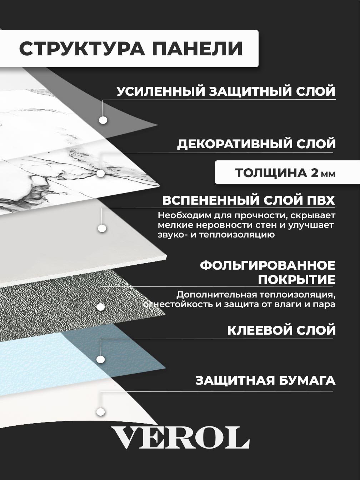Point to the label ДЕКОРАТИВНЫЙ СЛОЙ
(x=256, y=144)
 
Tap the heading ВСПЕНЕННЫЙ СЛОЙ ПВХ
(x=249, y=200)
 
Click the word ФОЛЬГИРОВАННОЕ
(x=268, y=265)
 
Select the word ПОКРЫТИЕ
(x=297, y=280)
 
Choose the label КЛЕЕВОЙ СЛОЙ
(x=281, y=330)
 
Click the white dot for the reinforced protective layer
(x=103, y=120)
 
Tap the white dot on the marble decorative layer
(x=101, y=173)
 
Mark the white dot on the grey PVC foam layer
(x=102, y=228)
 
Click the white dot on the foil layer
(x=101, y=307)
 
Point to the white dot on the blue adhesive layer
(x=101, y=359)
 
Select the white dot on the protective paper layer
(x=101, y=412)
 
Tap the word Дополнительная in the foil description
(x=217, y=295)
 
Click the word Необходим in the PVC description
(x=183, y=216)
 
